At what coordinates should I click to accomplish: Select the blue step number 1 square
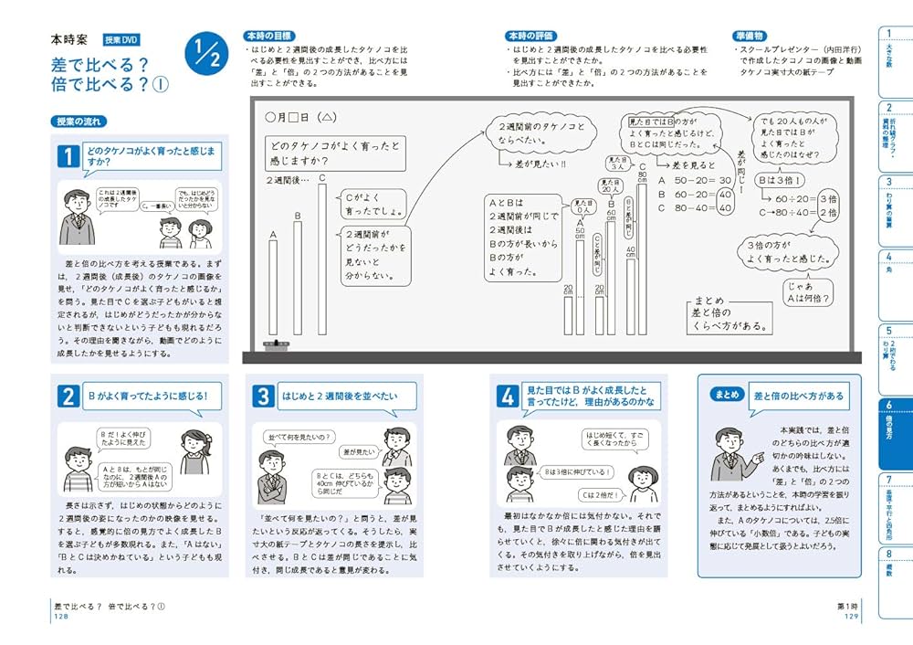[x=68, y=156]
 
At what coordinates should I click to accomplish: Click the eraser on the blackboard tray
[x=274, y=345]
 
